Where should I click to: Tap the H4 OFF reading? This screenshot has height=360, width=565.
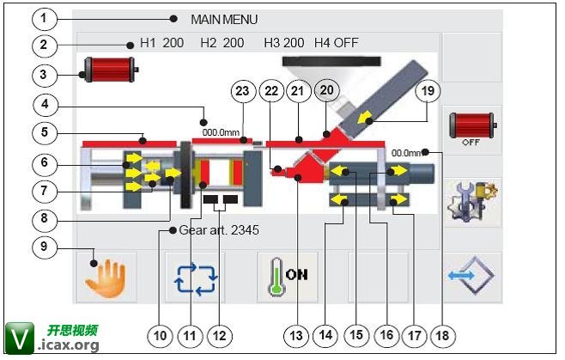[x=337, y=42]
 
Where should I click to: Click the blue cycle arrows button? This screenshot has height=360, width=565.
[x=197, y=278]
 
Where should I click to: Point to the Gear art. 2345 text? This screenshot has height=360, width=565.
[x=220, y=230]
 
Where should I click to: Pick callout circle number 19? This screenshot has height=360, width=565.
[x=427, y=90]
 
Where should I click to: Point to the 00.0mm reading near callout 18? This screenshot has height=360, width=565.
[x=407, y=153]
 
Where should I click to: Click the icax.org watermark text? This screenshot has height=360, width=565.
[x=69, y=345]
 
